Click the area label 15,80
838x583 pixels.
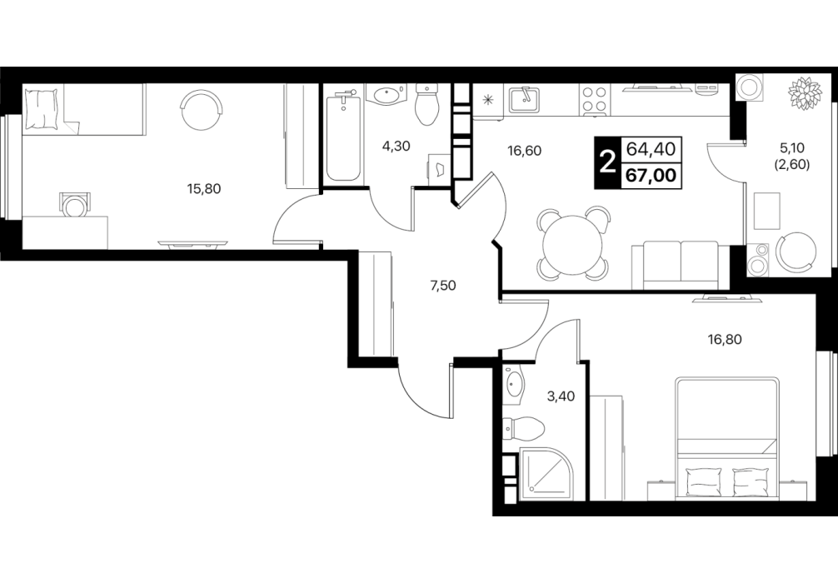coord(203,188)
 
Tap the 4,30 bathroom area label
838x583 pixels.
coord(396,146)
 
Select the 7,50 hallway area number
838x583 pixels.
coord(443,286)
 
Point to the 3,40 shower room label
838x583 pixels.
coord(561,396)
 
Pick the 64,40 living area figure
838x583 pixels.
coord(651,148)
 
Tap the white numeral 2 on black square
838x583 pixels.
coord(607,162)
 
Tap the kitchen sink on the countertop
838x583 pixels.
coord(524,100)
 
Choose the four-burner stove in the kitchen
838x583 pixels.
coord(594,100)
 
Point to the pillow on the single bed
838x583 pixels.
coord(41,110)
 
